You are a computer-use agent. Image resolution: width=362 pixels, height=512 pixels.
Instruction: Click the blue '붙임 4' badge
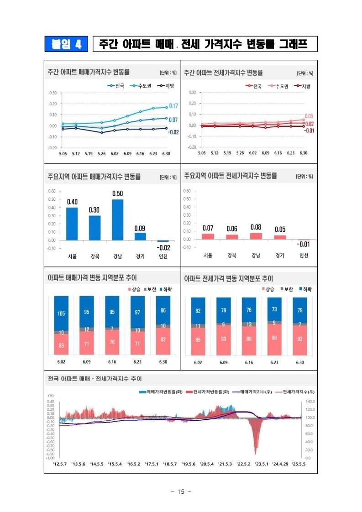[66, 44]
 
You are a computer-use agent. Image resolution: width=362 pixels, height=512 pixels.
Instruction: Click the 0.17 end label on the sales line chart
[173, 106]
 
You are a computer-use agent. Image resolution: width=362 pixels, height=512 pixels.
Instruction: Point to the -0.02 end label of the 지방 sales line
[173, 132]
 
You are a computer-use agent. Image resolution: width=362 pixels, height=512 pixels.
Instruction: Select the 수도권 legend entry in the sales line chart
[141, 86]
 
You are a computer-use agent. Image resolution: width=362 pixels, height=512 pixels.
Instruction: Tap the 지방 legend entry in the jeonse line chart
[302, 86]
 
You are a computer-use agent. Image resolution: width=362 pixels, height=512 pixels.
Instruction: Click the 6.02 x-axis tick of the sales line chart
[114, 154]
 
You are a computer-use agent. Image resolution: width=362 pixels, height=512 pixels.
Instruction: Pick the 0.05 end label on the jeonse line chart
[309, 116]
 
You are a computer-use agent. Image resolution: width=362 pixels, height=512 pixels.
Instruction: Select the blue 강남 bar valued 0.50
[118, 220]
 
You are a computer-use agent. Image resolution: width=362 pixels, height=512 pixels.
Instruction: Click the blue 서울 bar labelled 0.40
[72, 224]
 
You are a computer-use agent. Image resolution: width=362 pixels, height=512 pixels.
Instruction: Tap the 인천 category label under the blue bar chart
[163, 256]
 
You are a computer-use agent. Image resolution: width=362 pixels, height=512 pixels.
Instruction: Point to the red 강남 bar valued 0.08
[256, 236]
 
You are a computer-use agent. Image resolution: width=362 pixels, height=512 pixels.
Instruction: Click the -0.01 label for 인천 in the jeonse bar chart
[304, 244]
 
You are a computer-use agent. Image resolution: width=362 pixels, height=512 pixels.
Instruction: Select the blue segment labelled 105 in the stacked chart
[61, 313]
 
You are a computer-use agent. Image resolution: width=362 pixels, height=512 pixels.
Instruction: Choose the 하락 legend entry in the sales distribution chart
[166, 290]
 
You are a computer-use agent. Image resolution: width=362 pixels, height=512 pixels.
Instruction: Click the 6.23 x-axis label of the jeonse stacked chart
[274, 362]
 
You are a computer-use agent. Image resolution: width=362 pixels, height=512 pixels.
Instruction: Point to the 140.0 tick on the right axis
[310, 402]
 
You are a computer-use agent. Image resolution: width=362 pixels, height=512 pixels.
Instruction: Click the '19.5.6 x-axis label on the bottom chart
[188, 464]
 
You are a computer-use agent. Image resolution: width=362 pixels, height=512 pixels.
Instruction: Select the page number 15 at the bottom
[181, 491]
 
